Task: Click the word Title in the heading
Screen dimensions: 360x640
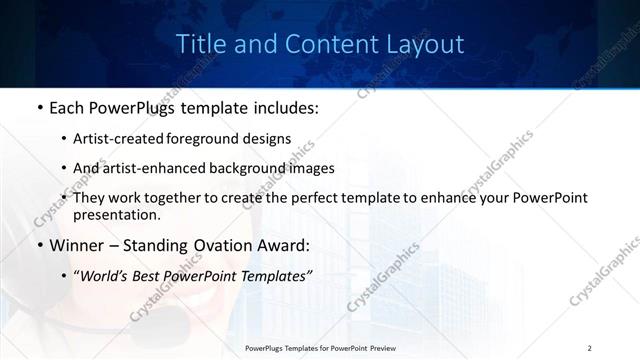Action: pyautogui.click(x=200, y=45)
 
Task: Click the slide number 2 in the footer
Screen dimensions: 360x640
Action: pyautogui.click(x=590, y=347)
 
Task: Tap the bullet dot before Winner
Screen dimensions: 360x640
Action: pyautogui.click(x=39, y=243)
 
